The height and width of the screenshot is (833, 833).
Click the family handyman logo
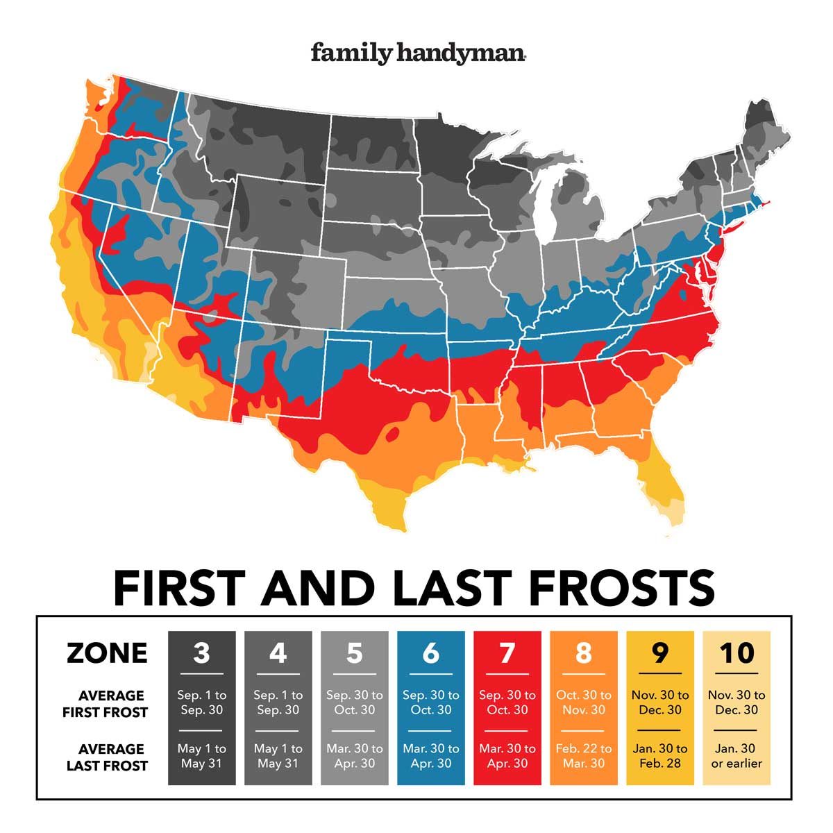[417, 53]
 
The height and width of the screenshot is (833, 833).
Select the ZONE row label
[107, 653]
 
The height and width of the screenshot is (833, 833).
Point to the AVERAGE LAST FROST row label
[107, 757]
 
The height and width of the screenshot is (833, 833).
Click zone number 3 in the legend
[201, 653]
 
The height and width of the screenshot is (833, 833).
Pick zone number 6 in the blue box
[430, 653]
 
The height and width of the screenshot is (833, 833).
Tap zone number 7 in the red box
[507, 653]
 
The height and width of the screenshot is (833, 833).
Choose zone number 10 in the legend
[736, 653]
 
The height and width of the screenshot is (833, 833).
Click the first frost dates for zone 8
[583, 702]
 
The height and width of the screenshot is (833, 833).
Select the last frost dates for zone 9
[659, 756]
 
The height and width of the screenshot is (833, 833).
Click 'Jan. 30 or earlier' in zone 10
[736, 756]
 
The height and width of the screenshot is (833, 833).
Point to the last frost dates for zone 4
[278, 756]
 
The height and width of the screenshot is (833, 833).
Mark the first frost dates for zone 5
[354, 702]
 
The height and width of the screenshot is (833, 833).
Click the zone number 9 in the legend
[659, 653]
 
